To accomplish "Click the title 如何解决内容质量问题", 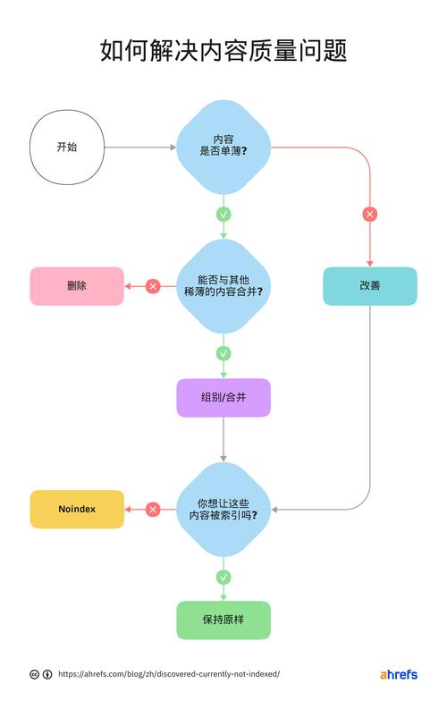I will point(223,51).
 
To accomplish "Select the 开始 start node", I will point(67,147).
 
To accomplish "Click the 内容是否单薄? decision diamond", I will point(223,147).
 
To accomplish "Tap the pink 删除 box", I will point(77,286).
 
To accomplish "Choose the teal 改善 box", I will point(369,286).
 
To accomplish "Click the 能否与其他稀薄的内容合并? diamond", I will point(223,286).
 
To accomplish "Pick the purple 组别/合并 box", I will point(223,397).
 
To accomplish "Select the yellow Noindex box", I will point(77,509).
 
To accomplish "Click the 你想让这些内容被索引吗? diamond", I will point(223,509).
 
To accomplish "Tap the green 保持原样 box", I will point(223,620).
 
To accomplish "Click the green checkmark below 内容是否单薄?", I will point(223,215).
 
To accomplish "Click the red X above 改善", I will point(369,215).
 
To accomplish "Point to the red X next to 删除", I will point(153,286).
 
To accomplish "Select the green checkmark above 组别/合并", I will point(223,353).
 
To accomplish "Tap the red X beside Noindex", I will point(153,509).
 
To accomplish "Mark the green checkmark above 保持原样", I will point(223,577).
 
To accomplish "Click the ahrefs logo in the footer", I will point(398,674).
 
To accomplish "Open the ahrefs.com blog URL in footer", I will point(169,674).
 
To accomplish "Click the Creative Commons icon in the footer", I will point(34,675).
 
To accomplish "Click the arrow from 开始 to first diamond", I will point(139,147).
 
